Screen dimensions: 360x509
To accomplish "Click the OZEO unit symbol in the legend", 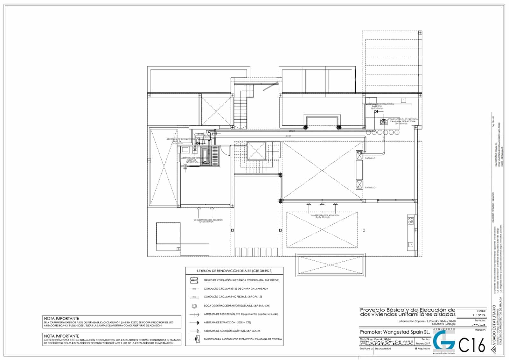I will [194, 280].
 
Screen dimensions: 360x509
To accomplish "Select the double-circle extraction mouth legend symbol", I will [194, 306].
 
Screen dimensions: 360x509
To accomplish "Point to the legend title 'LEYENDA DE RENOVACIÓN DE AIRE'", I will [234, 271].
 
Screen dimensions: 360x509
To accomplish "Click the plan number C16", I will [472, 345].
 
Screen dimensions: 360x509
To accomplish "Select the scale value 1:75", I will [479, 315].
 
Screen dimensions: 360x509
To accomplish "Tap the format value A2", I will [479, 324].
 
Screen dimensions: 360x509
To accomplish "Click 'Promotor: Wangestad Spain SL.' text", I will [395, 332].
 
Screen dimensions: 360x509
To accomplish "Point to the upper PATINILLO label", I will [370, 158].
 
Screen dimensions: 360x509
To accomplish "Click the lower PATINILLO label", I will [370, 188].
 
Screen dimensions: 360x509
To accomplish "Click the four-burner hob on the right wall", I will [411, 219].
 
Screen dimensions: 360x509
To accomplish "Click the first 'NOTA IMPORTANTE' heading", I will [61, 318].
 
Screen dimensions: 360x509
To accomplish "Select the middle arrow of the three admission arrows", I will [322, 207].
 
